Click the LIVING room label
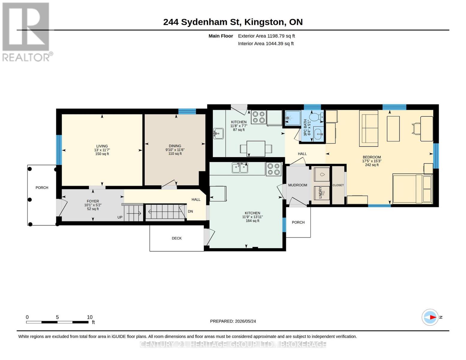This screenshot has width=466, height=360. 102,146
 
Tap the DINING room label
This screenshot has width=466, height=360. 175,146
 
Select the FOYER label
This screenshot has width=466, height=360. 93,201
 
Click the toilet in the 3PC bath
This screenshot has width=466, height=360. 316,117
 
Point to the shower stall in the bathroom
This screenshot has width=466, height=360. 293,118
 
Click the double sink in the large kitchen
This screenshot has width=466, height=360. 240,168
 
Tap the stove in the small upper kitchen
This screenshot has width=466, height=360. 259,117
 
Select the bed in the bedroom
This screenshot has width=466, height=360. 412,188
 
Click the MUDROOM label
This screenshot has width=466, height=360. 297,185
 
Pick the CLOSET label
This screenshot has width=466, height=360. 338,185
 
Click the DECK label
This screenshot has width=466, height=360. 176,238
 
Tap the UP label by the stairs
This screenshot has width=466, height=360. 120,217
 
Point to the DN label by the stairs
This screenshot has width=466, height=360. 190,211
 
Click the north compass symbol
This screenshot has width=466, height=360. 430,317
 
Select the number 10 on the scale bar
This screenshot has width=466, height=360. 90,317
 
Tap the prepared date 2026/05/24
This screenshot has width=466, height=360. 245,321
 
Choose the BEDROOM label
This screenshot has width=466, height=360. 372,157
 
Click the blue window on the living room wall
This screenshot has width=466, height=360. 59,150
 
